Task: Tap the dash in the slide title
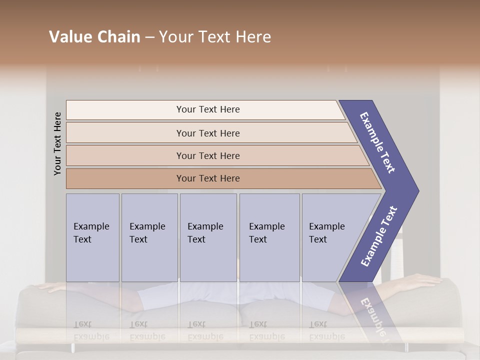[x=149, y=37]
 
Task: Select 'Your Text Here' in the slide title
[x=215, y=37]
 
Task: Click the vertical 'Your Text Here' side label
[x=57, y=143]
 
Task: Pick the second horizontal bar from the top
[x=208, y=133]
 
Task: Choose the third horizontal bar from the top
[x=208, y=155]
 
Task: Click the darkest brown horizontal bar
[x=208, y=178]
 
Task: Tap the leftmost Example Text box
[x=92, y=237]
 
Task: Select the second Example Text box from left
[x=149, y=237]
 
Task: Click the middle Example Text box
[x=208, y=237]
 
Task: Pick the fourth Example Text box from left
[x=269, y=237]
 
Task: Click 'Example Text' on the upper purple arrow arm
[x=377, y=142]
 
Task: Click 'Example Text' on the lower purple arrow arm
[x=379, y=236]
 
